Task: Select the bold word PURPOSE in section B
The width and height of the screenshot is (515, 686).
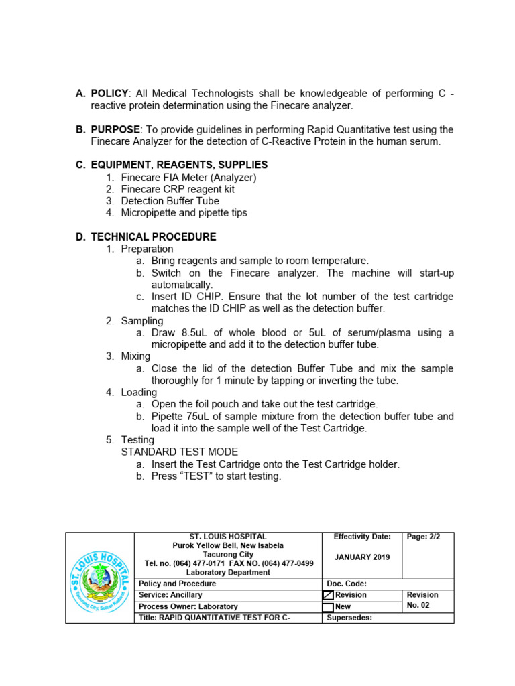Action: pos(115,129)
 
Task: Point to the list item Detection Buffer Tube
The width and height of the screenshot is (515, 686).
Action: pos(170,201)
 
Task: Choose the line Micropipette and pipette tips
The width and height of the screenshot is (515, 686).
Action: pos(184,213)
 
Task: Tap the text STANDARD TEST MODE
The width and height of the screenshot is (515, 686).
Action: pos(180,452)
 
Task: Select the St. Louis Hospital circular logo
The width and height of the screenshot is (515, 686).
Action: pos(100,578)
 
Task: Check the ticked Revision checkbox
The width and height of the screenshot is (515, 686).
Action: pos(328,595)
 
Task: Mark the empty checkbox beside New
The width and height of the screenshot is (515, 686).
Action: pos(328,608)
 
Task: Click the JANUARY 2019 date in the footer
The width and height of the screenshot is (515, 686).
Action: pos(362,557)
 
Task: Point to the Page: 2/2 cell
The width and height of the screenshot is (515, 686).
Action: pos(424,537)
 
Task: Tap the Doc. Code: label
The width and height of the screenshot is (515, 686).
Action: pos(347,584)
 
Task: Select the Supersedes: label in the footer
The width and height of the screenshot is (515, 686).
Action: pos(349,618)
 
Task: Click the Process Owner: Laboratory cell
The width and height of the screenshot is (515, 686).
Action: pos(184,607)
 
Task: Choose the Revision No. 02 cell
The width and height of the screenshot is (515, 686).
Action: pos(422,600)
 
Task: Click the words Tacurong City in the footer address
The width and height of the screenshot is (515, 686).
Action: pos(229,555)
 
